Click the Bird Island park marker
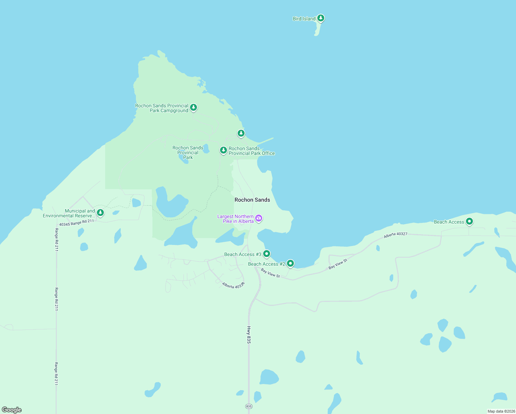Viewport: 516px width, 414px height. (x=321, y=18)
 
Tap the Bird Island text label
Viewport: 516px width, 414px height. (x=304, y=19)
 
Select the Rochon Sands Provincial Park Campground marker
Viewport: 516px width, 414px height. (x=193, y=108)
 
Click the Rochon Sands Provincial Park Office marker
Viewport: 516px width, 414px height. (x=224, y=150)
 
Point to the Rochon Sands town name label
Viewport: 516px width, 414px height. (x=252, y=200)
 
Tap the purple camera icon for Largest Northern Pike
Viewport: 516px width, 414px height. (x=259, y=218)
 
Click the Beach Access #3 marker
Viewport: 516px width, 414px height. (x=266, y=254)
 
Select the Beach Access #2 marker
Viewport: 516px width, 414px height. (x=290, y=264)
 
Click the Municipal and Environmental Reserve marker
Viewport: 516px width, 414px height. (x=100, y=213)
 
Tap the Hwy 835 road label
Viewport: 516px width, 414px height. (x=249, y=335)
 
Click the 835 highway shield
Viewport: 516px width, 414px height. (x=249, y=406)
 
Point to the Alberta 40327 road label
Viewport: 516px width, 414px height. (x=396, y=235)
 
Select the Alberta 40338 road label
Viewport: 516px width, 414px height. (x=233, y=285)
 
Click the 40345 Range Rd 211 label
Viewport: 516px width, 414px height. (x=76, y=223)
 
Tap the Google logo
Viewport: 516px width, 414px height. (x=12, y=410)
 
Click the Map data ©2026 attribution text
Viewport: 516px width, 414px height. (x=501, y=411)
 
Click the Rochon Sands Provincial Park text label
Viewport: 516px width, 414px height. (x=188, y=152)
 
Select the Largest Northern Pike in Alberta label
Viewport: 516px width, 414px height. (x=236, y=219)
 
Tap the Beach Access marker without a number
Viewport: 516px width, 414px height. (x=469, y=221)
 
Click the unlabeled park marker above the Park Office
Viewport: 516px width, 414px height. (x=241, y=133)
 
